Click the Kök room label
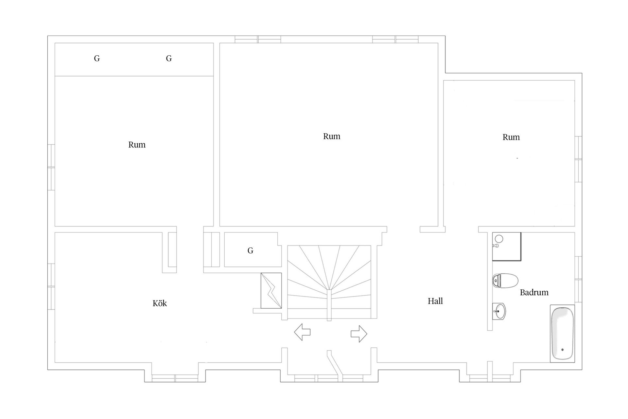pos(160,303)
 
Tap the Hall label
pos(435,301)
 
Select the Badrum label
pos(534,292)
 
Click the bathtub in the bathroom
pos(562,334)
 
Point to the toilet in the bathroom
pos(505,281)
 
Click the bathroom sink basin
pos(499,311)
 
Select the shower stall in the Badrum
pos(507,246)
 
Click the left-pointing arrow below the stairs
pos(302,332)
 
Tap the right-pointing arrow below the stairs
pos(359,334)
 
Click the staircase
pos(329,282)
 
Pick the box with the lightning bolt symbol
pos(271,290)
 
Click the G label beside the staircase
pos(251,251)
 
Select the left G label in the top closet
pos(97,59)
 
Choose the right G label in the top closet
pos(169,59)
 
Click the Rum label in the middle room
pos(332,137)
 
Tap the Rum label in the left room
pos(137,145)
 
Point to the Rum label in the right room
pos(511,137)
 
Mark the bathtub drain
pos(562,350)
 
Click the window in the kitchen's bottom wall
pos(175,378)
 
